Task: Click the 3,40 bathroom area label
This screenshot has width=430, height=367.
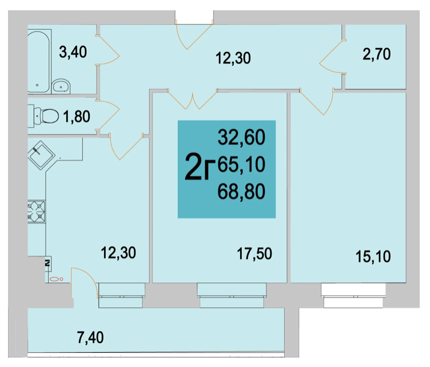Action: (x=73, y=52)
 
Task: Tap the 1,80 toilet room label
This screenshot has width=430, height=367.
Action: (x=77, y=117)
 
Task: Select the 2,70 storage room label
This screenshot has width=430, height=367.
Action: (x=376, y=54)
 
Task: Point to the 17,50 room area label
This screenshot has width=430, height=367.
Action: (x=254, y=254)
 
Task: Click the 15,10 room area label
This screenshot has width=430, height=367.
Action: (x=373, y=257)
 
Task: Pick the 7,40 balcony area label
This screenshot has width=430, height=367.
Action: (x=90, y=337)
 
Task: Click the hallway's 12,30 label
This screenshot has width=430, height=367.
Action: (x=233, y=58)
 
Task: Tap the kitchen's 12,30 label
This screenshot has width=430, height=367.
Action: (x=118, y=253)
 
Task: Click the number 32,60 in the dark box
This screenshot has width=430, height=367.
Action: (x=242, y=137)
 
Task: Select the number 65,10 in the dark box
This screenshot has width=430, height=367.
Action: (x=242, y=165)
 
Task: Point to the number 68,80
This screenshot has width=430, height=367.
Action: (x=242, y=192)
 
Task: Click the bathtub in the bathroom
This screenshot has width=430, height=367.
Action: (x=39, y=61)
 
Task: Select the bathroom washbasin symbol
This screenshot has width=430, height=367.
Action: (x=61, y=86)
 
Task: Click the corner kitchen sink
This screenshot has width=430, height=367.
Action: (x=41, y=155)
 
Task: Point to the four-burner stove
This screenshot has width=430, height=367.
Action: (x=36, y=212)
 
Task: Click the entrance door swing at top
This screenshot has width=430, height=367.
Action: (x=194, y=36)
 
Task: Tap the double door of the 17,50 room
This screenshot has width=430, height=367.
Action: (x=192, y=99)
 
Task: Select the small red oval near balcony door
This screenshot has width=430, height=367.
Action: (x=57, y=280)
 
